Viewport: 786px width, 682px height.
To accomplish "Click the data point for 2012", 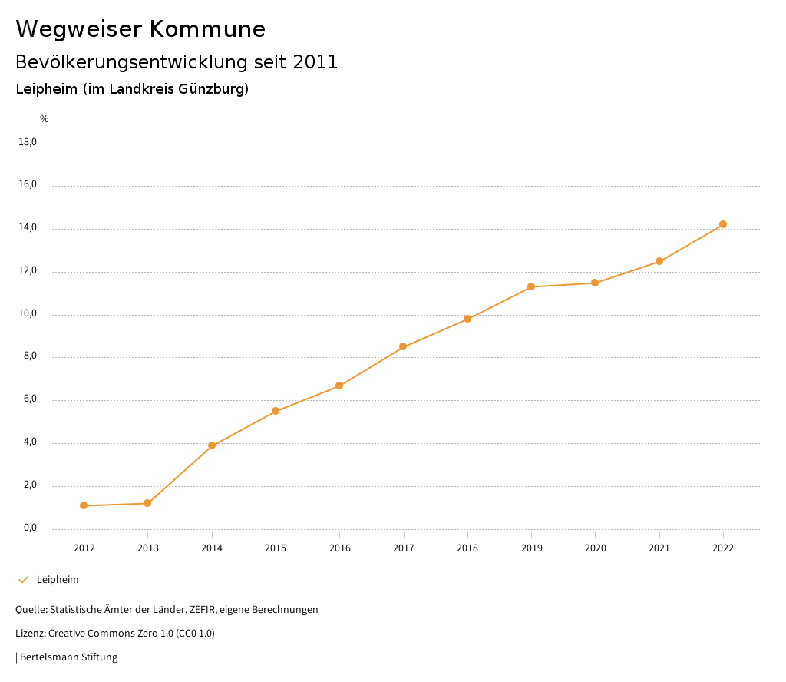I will [84, 505].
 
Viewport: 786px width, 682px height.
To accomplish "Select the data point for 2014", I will [212, 445].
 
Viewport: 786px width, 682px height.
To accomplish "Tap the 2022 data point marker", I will [723, 224].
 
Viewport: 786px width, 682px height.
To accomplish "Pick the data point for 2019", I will [531, 286].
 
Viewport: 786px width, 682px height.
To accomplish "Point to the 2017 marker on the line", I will [403, 346].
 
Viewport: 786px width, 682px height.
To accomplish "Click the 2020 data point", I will [595, 283].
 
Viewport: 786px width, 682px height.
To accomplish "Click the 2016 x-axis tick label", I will [339, 548].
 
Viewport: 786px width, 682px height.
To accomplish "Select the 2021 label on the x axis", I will [659, 548].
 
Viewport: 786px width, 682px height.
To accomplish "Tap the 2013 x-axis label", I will [147, 548].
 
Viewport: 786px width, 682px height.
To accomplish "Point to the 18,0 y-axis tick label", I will [28, 142].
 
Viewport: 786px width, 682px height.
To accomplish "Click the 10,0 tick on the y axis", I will [28, 314].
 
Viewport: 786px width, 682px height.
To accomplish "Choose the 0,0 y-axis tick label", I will [30, 528].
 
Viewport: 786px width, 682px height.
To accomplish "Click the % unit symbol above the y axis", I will [45, 119].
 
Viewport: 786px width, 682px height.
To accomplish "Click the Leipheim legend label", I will [58, 580].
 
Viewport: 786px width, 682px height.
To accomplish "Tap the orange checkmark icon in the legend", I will [23, 580].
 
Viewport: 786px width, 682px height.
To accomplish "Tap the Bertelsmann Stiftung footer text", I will [68, 657].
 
